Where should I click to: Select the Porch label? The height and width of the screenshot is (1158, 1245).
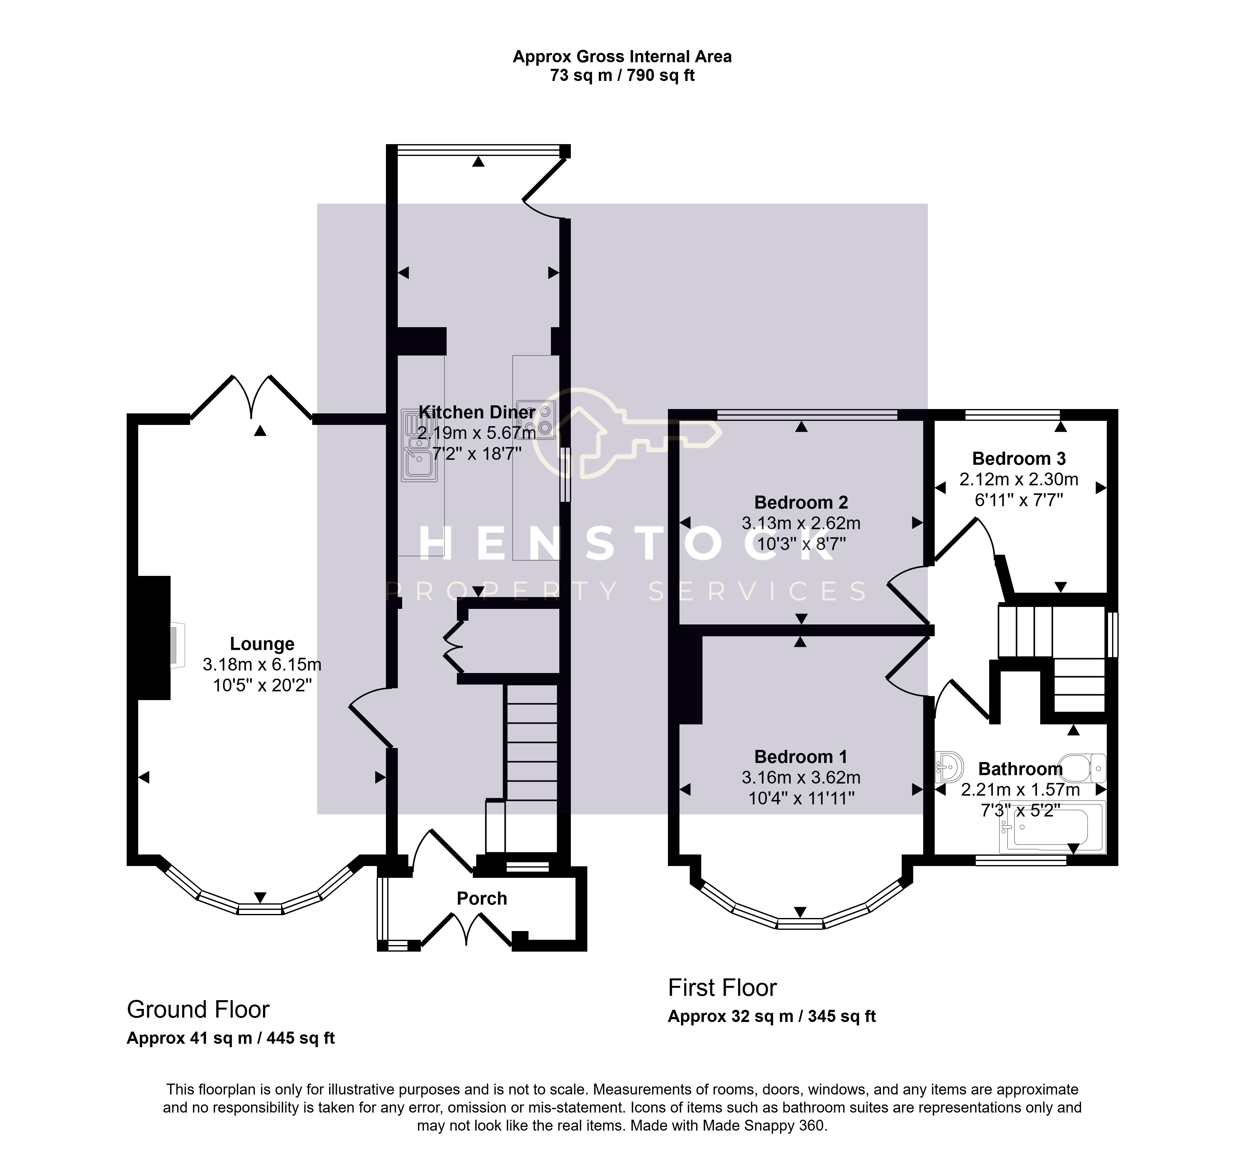[x=482, y=899]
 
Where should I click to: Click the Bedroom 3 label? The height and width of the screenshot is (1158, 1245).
[x=1019, y=459]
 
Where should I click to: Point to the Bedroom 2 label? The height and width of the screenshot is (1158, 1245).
[x=801, y=502]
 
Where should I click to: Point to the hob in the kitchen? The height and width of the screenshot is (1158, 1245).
[x=535, y=420]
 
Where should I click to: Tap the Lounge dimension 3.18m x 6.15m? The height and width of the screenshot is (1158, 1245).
[x=262, y=665]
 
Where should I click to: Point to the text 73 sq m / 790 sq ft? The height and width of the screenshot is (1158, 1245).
[x=622, y=76]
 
